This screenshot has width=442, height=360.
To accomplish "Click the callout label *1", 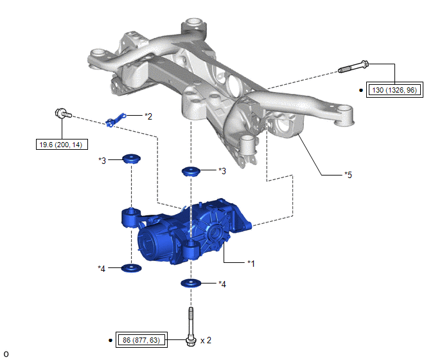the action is point(251,264).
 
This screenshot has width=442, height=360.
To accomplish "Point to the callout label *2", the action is point(148,116).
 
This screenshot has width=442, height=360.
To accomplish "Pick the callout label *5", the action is point(348,175).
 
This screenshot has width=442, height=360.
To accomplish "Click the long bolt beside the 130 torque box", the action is point(353,67).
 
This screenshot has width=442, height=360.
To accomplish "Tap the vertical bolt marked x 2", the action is point(191,327).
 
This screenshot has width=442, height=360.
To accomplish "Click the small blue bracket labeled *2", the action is point(116,120).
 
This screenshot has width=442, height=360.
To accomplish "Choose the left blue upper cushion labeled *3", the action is point(131,159).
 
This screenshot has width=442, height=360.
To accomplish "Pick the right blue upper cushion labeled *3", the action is point(191,171).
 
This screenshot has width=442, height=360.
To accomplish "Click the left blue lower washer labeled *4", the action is point(131,267).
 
